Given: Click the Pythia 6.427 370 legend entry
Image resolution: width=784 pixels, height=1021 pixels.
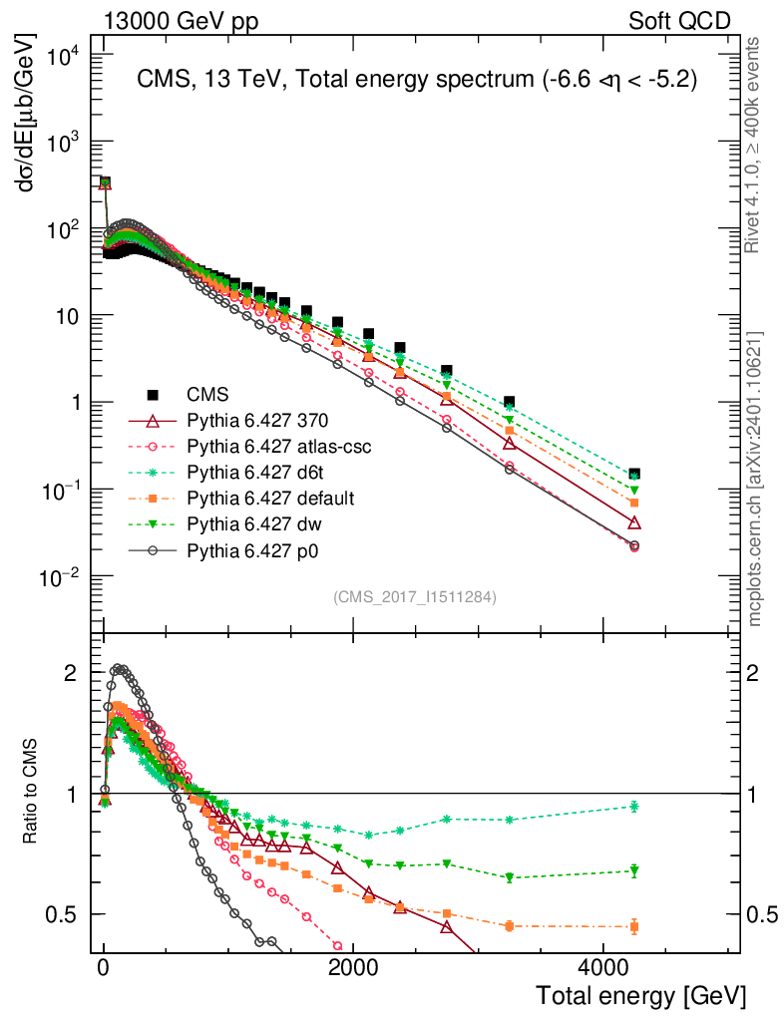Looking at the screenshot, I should tap(245, 422).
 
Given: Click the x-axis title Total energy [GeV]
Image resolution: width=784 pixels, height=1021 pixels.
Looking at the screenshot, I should tap(640, 995).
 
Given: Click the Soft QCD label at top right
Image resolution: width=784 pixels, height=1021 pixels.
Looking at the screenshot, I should tap(680, 20).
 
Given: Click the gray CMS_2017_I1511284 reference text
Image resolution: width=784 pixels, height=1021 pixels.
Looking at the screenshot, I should tap(414, 597).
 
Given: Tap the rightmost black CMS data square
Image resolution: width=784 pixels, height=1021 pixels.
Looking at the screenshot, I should tap(634, 475).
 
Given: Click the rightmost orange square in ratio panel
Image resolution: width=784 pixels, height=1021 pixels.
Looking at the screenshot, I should tap(634, 926).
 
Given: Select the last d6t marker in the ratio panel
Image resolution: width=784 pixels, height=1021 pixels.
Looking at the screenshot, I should tap(634, 807).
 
